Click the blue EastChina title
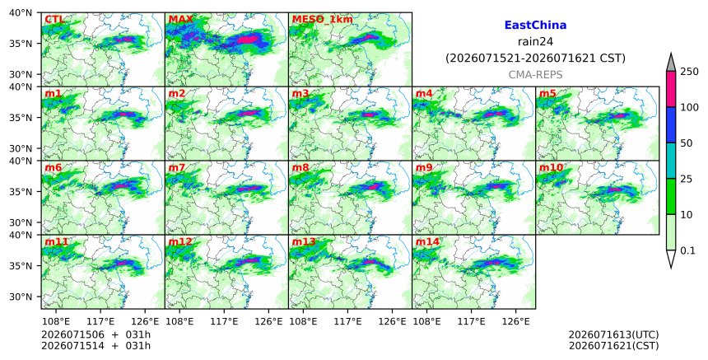(535, 26)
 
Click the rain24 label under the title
(535, 42)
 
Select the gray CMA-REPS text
(535, 75)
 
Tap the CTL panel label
(54, 20)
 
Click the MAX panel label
(180, 20)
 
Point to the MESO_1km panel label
(323, 20)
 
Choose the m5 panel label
(547, 94)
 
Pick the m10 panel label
(551, 168)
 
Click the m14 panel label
(427, 242)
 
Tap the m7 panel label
(176, 168)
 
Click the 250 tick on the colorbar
(690, 72)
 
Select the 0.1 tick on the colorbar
(687, 250)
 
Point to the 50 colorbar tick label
(687, 143)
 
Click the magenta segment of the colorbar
(671, 89)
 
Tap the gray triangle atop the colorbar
(671, 62)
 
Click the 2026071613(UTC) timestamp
(613, 334)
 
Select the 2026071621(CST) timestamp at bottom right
(613, 346)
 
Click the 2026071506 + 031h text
(95, 334)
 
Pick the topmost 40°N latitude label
(21, 12)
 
